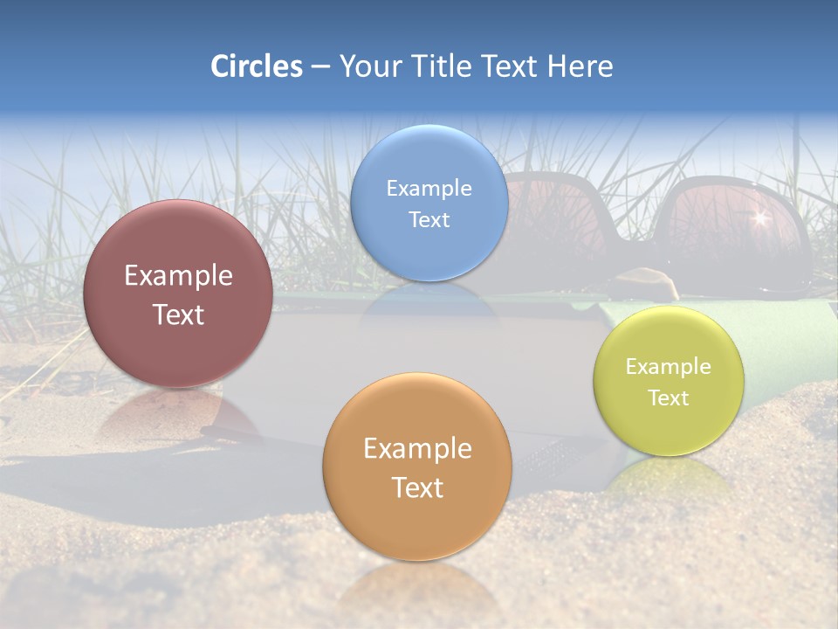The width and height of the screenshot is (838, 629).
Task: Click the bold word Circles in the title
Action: tap(256, 66)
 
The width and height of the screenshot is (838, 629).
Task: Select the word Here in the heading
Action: tap(580, 66)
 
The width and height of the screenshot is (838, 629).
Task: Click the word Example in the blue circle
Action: tap(429, 188)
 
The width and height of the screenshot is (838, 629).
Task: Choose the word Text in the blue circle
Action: tap(429, 219)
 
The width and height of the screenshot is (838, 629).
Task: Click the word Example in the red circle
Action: tap(178, 276)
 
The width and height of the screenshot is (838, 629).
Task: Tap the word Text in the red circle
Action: tap(178, 314)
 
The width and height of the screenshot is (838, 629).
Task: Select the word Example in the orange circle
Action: tap(417, 448)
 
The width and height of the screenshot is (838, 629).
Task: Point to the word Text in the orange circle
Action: tap(417, 487)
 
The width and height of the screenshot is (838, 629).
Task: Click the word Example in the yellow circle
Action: tap(669, 366)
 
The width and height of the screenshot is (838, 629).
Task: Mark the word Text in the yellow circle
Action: tap(669, 397)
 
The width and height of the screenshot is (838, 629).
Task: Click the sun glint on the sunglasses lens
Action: tap(759, 218)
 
